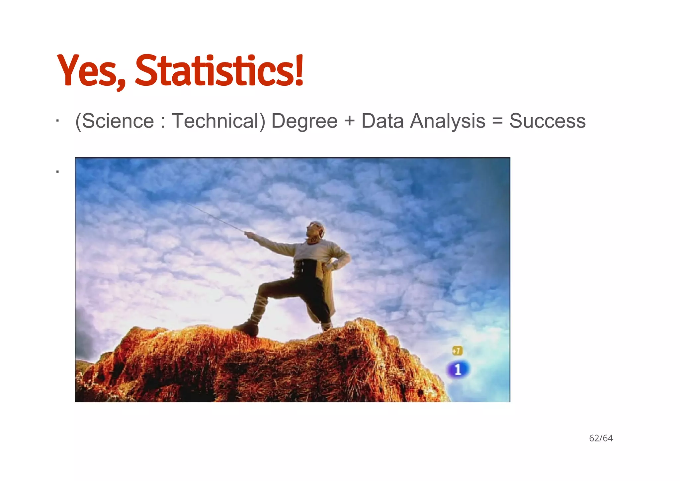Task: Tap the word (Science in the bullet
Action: [115, 121]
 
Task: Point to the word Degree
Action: [304, 122]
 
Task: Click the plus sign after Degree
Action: [349, 121]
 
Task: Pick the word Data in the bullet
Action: [382, 121]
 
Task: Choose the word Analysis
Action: [448, 122]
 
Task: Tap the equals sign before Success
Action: [497, 121]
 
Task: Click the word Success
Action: [548, 121]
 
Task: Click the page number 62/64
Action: [601, 438]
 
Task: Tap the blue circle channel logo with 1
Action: [458, 370]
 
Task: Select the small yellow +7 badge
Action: [457, 351]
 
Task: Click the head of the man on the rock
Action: [316, 229]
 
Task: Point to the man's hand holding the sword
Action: [248, 235]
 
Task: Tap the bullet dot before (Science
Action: [57, 121]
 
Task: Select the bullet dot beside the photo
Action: [57, 172]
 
